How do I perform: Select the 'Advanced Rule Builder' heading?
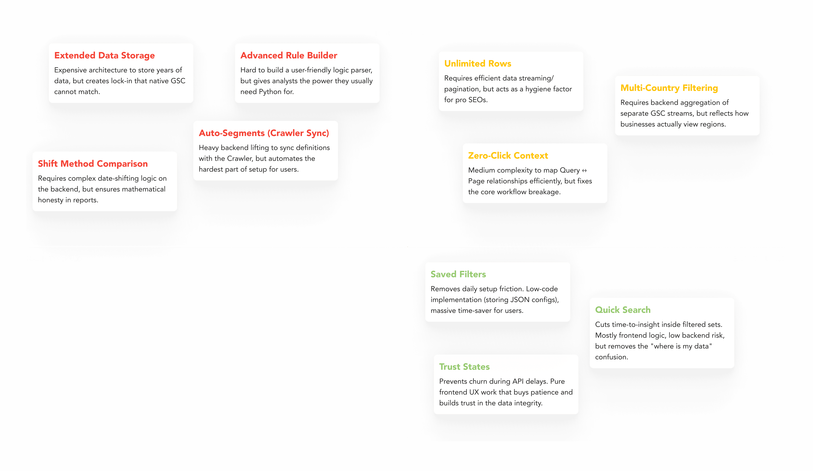click(289, 55)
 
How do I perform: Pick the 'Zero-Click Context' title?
click(508, 156)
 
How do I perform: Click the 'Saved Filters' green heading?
click(458, 274)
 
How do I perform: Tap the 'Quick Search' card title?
click(623, 310)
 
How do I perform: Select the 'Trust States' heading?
click(464, 367)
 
